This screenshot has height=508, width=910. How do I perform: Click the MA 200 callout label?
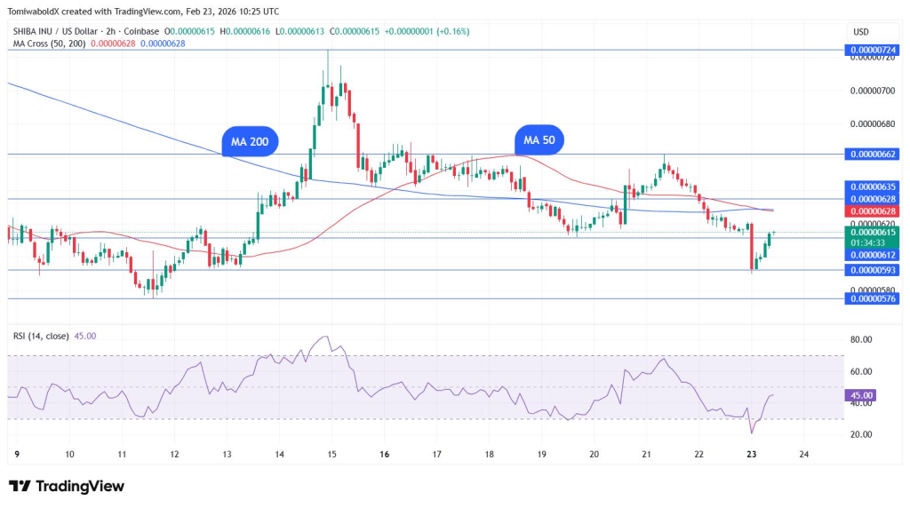coord(250,140)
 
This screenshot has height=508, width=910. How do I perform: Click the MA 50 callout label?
coord(539,140)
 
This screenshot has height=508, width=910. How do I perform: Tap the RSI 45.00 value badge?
coord(862,395)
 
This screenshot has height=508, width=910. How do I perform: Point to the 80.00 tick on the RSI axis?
coord(860,339)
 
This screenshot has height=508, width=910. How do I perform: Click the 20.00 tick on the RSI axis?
coord(860,434)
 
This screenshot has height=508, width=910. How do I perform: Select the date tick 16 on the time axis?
coord(384,453)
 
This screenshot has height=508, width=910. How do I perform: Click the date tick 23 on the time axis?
coord(752,453)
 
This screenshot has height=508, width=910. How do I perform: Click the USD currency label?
coord(860,32)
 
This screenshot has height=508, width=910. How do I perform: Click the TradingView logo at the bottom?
coord(67,486)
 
